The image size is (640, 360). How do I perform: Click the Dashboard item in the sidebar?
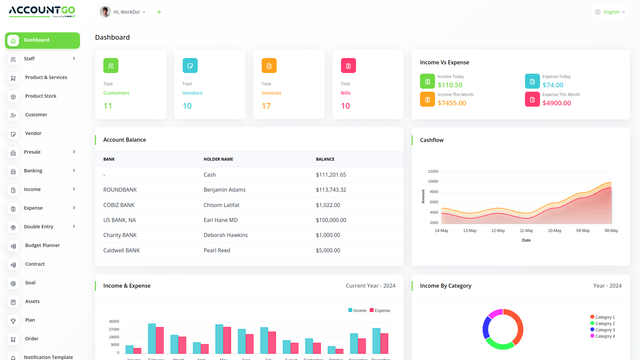[42, 40]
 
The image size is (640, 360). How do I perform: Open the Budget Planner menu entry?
[42, 245]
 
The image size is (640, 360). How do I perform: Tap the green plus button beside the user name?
[159, 12]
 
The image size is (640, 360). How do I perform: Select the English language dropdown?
[610, 12]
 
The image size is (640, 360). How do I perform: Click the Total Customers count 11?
[108, 106]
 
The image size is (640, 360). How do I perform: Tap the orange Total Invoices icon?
[269, 66]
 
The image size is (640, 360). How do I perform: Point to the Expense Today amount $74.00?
[553, 85]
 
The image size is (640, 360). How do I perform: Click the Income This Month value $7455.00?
[452, 103]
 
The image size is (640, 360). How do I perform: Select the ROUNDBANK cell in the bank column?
[120, 190]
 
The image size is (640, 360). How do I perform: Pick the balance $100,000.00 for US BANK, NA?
[331, 220]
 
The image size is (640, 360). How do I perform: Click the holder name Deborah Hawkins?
[226, 235]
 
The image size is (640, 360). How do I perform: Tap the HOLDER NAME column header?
[218, 159]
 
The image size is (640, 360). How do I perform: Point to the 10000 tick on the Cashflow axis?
[433, 182]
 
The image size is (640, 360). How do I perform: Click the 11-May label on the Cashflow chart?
[526, 231]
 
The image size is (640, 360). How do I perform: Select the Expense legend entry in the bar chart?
[380, 310]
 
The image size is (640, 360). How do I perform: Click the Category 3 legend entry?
[603, 330]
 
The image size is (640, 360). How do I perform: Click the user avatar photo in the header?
[105, 12]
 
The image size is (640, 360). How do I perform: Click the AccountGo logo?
[42, 11]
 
